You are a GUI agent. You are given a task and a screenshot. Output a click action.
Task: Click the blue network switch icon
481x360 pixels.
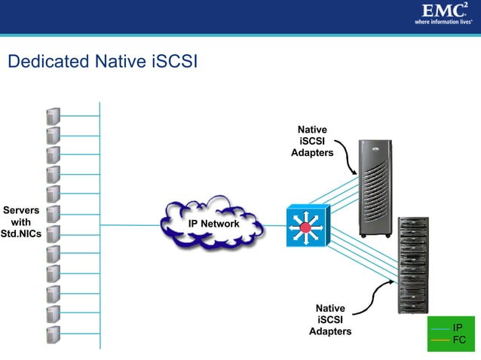(307, 225)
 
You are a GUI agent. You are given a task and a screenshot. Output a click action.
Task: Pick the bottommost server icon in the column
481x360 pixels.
(53, 334)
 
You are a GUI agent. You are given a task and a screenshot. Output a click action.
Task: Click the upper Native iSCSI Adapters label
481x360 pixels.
(312, 142)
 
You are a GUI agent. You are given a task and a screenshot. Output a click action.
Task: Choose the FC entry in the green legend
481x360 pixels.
(458, 340)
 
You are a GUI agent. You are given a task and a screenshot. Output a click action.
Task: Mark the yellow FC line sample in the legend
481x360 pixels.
(440, 340)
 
